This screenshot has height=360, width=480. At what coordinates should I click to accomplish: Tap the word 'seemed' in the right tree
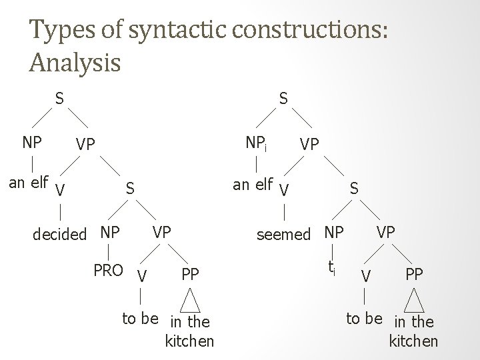[285, 235]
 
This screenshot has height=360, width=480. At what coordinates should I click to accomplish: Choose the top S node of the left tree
[59, 99]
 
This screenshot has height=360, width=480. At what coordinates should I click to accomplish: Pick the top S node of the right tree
[283, 99]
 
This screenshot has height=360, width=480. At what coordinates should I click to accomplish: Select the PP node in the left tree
[190, 274]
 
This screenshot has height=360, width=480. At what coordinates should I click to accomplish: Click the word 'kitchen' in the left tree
[189, 341]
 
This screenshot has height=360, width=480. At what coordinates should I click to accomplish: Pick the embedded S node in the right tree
[355, 189]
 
